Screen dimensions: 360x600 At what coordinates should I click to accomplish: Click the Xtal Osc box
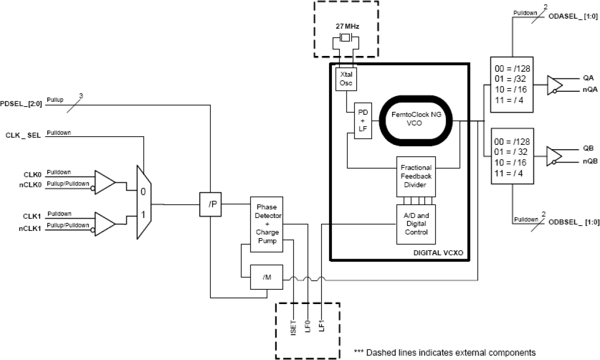click(345, 78)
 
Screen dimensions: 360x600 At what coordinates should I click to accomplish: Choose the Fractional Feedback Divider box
click(416, 176)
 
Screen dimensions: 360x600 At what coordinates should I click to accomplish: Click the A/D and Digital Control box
click(416, 224)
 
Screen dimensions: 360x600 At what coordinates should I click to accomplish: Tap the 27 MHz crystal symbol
click(345, 38)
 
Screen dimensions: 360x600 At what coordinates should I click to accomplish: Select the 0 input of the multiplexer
click(143, 191)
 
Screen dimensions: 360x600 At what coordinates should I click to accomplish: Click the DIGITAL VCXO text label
click(438, 252)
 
